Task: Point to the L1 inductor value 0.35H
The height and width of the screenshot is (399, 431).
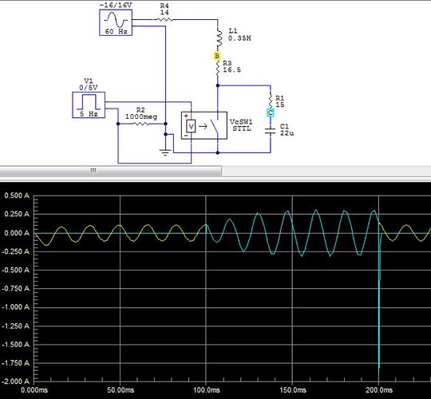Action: click(x=242, y=38)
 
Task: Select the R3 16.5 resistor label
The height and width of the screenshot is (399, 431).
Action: click(x=232, y=66)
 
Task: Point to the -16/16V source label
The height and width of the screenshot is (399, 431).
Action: click(x=115, y=5)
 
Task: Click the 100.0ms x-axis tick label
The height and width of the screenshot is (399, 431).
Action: click(x=206, y=390)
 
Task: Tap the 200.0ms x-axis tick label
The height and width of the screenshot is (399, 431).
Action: click(x=378, y=390)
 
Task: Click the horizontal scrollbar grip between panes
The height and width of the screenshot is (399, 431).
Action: click(x=93, y=170)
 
